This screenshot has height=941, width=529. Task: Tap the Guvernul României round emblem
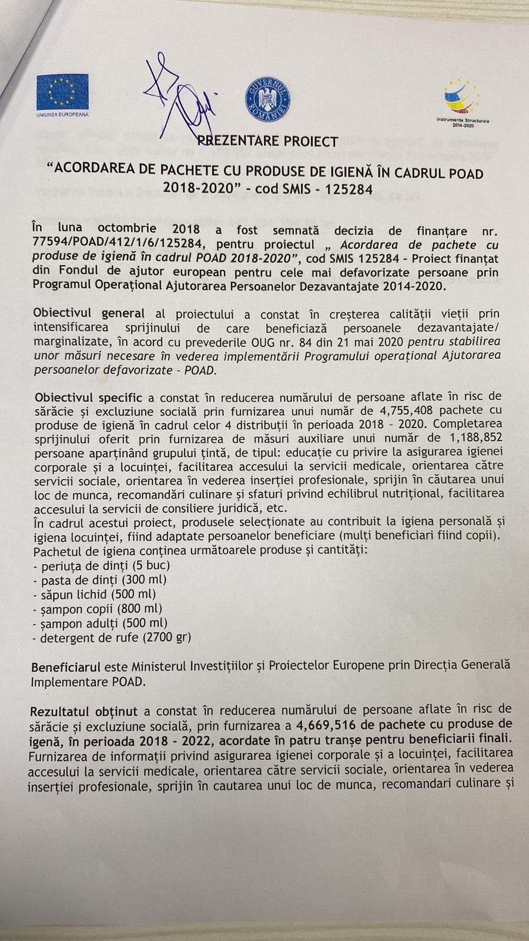(267, 97)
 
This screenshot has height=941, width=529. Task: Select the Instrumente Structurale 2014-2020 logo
(462, 103)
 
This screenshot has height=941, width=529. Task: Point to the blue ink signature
(179, 97)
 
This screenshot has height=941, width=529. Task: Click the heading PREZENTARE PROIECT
(267, 141)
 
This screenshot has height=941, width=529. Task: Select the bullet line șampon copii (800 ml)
(98, 609)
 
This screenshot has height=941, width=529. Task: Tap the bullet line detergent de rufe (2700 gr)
(112, 638)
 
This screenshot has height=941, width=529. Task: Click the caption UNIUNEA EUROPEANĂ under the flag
(62, 114)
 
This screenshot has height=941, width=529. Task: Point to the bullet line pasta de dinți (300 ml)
(101, 580)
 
